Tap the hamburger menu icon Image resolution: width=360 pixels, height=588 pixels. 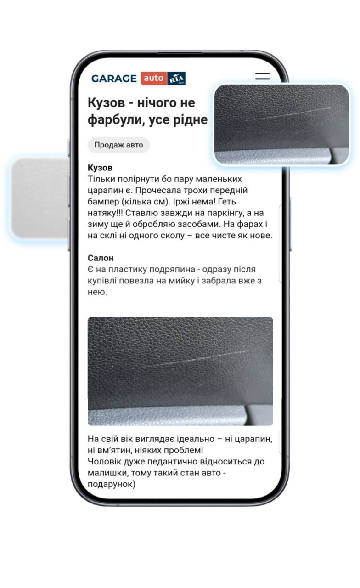pos(262,77)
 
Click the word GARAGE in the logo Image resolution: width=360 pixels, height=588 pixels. pos(114,79)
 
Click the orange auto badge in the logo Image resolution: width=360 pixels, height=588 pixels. pos(153,79)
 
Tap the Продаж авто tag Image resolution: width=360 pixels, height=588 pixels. pos(118,145)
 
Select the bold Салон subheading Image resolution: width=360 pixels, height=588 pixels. pos(101,258)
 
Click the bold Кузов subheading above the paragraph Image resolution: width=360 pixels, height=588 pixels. pos(100,168)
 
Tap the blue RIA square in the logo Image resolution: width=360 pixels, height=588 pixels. pos(176,79)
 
